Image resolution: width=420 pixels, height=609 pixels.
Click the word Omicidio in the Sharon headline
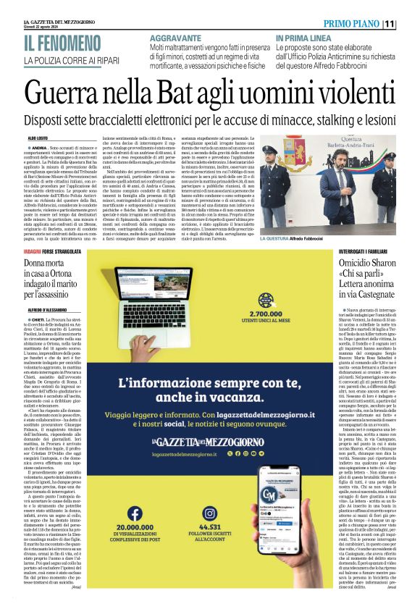pos(341,282)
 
